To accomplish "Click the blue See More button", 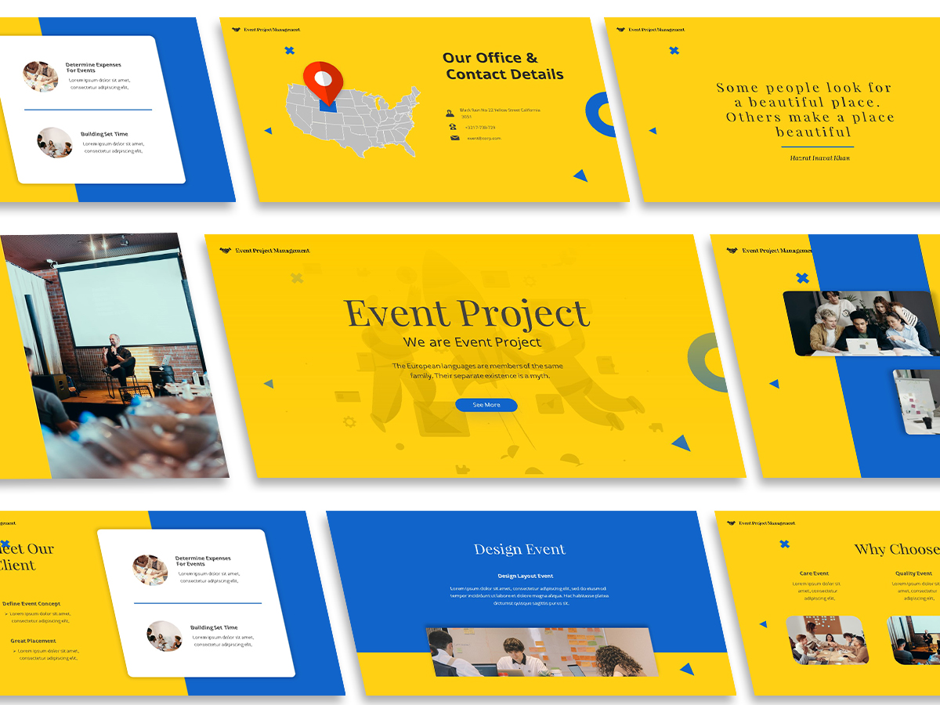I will (x=486, y=405).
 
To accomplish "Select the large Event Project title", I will (x=467, y=313).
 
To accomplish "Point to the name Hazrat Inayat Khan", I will (x=819, y=157).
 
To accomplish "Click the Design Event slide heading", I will (x=519, y=549).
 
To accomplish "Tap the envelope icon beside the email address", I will (x=454, y=138).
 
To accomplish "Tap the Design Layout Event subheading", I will (x=525, y=576).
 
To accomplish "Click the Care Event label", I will (x=814, y=573).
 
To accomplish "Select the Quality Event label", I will (x=913, y=573).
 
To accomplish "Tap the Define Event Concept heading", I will (x=31, y=604).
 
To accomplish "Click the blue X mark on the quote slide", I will (x=674, y=51).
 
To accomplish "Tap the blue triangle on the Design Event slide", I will (x=687, y=669).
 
